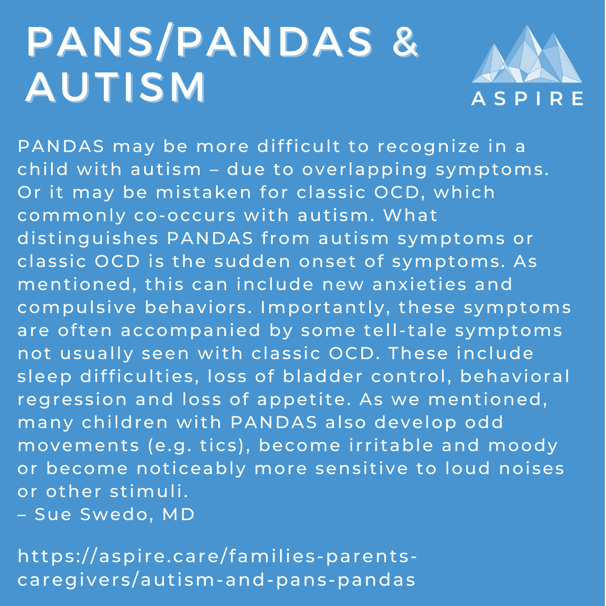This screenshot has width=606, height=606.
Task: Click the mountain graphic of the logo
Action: pyautogui.click(x=526, y=56)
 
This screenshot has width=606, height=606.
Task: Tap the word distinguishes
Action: pyautogui.click(x=86, y=238)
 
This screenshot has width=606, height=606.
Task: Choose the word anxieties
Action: pyautogui.click(x=402, y=284)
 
